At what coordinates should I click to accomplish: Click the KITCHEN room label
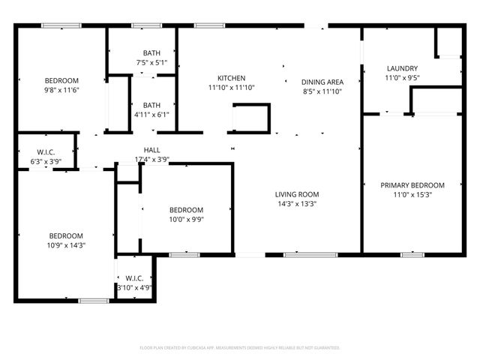click(231, 79)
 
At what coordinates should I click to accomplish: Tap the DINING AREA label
click(322, 82)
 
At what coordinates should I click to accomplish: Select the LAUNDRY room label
click(402, 68)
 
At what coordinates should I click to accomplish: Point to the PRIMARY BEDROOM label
click(412, 185)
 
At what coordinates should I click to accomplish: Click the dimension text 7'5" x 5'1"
click(151, 63)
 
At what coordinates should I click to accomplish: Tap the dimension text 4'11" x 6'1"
click(151, 115)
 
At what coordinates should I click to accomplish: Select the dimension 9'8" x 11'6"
click(61, 90)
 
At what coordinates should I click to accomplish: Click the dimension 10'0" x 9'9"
click(186, 219)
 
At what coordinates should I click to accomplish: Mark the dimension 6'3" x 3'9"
click(46, 160)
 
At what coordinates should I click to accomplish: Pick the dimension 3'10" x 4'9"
click(135, 286)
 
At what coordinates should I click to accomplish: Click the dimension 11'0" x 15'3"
click(412, 195)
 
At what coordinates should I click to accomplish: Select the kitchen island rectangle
click(251, 118)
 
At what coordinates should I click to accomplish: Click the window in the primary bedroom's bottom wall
click(412, 255)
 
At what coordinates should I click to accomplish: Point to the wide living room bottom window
click(310, 255)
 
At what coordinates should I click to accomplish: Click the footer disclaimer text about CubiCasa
click(240, 348)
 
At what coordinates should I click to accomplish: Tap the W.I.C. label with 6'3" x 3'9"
click(46, 151)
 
